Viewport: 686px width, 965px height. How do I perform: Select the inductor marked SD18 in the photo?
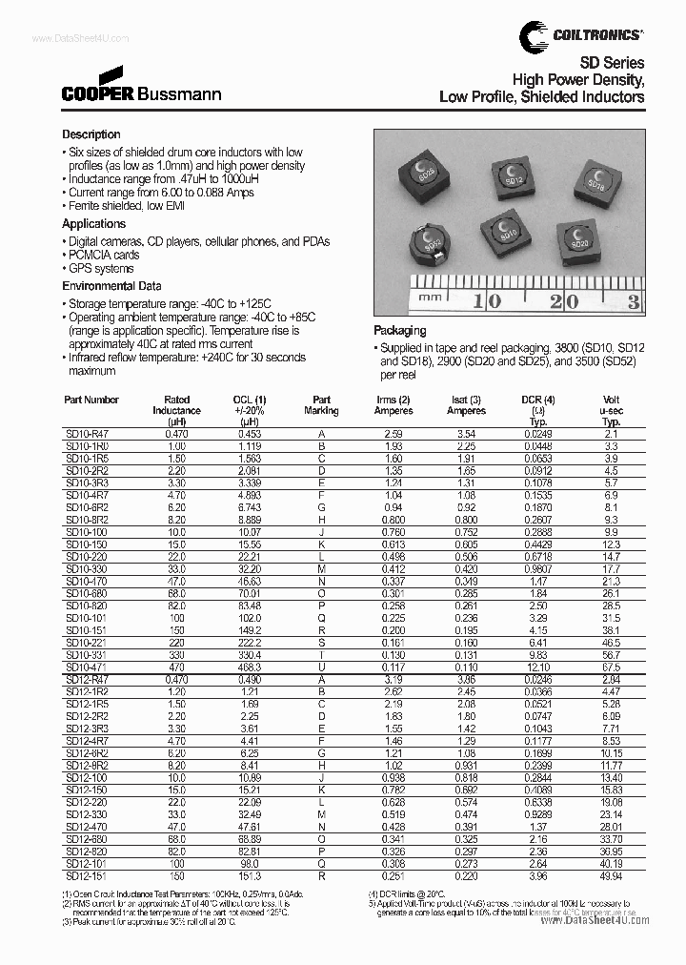(597, 180)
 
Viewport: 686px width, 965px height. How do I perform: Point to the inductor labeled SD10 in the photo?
(505, 228)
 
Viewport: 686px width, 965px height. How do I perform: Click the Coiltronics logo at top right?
(580, 35)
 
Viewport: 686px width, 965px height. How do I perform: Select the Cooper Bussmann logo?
(141, 88)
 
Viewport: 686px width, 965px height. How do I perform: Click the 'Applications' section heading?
(94, 224)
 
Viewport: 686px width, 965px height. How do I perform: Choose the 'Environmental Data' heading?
(111, 286)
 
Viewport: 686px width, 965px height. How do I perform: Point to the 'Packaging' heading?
(401, 330)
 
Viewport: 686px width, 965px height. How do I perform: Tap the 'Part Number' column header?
(91, 400)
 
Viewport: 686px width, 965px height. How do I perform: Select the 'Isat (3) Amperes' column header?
(466, 405)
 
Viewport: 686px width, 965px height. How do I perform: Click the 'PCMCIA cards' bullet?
(103, 256)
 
